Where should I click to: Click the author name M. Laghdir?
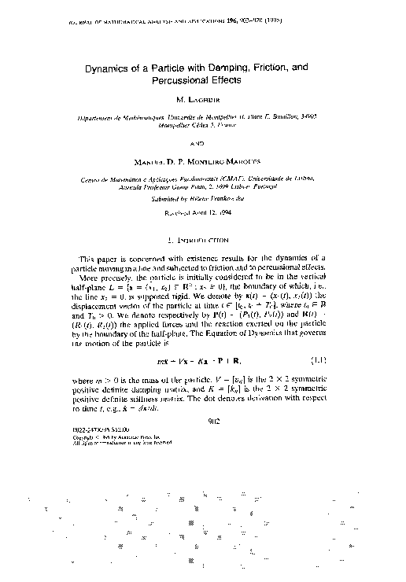[203, 100]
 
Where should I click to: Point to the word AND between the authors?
[203, 143]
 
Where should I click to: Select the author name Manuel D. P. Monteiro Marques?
[203, 164]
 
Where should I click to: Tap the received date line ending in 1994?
[203, 212]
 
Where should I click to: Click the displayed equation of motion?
[202, 360]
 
